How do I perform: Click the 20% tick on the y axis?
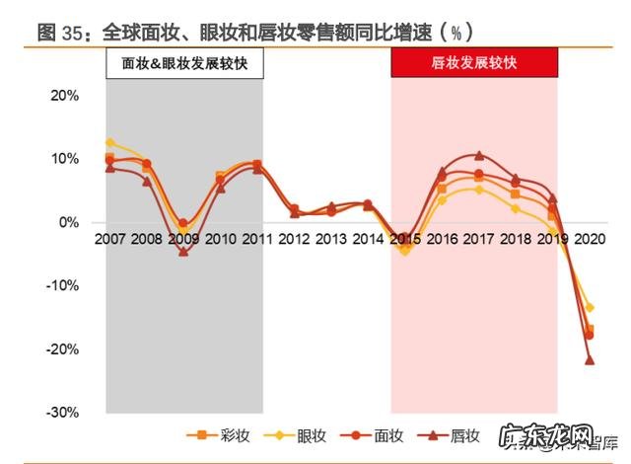(64, 96)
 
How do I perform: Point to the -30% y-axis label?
(62, 412)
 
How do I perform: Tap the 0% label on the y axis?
(68, 222)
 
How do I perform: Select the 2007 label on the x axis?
(108, 239)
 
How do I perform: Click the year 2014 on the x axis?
(367, 239)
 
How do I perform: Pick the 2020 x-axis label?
(590, 239)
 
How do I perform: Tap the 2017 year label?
(478, 239)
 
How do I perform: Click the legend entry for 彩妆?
(217, 435)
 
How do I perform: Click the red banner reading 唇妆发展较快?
(474, 63)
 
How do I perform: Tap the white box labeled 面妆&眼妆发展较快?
(183, 63)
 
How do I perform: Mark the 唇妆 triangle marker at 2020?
(590, 359)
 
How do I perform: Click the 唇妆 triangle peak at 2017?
(478, 156)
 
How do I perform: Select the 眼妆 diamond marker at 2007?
(109, 143)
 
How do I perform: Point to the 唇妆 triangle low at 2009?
(183, 252)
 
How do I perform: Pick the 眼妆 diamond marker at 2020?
(590, 308)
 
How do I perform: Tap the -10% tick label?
(62, 285)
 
